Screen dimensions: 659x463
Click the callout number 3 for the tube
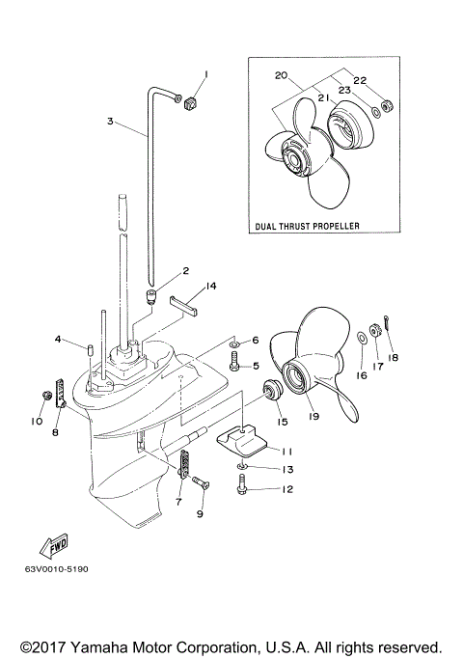coord(111,121)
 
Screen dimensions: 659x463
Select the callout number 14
coord(211,287)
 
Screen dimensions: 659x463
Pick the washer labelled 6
coord(234,342)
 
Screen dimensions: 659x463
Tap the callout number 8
coord(55,433)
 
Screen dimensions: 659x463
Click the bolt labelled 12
coord(241,489)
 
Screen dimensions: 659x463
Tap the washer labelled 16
coord(359,338)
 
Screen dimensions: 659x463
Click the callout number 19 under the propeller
coord(313,418)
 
